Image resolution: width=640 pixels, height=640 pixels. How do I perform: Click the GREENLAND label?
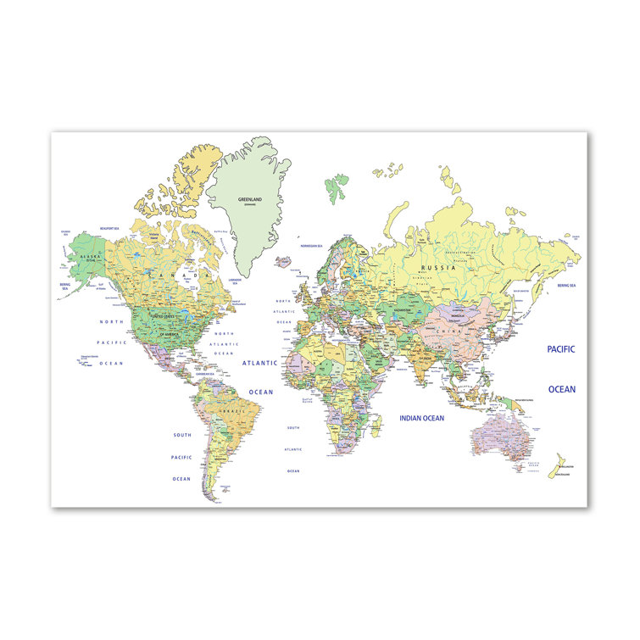(x=249, y=200)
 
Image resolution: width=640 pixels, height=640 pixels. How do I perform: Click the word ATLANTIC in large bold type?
(x=259, y=363)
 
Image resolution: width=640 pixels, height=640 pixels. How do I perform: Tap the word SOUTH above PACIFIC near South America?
(x=182, y=435)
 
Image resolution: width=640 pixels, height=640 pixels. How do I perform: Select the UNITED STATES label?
(x=167, y=316)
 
